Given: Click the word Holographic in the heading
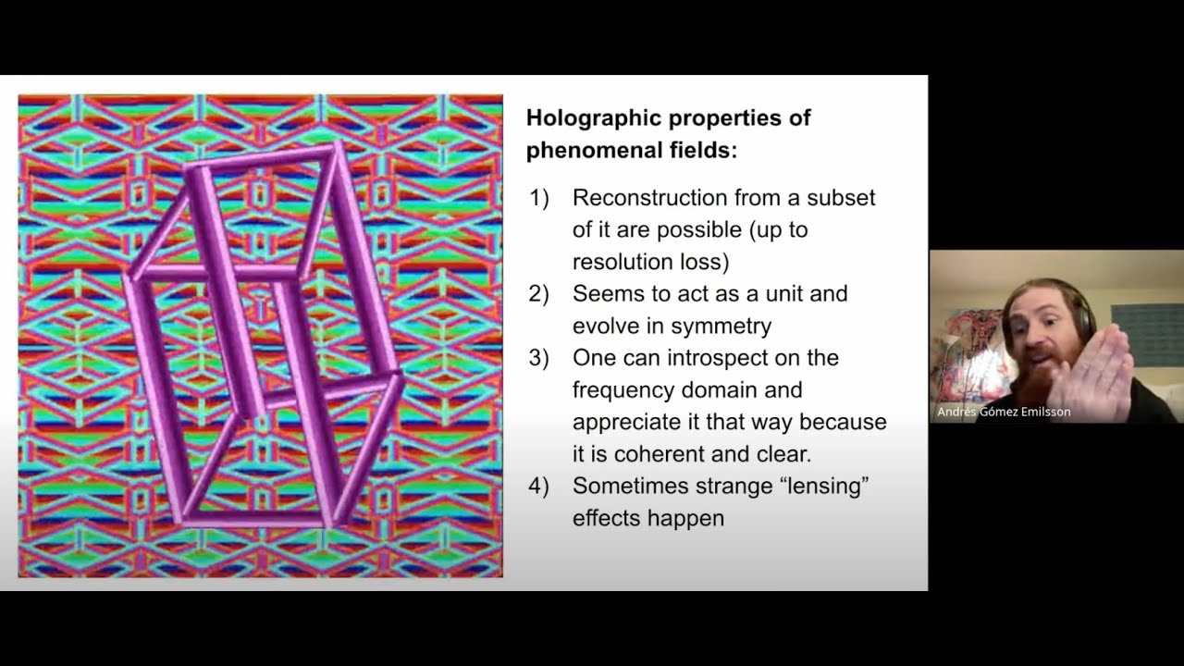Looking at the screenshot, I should (x=594, y=118).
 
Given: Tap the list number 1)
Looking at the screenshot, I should (x=538, y=198).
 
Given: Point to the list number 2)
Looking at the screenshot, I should (x=538, y=294).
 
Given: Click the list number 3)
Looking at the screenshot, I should (x=538, y=358).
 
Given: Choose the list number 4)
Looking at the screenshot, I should (x=538, y=486).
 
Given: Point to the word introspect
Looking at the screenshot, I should (x=729, y=358).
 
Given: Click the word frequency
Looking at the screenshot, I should (x=625, y=390).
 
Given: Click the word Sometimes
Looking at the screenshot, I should (x=630, y=486).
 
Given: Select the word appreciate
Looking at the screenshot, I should (x=623, y=423).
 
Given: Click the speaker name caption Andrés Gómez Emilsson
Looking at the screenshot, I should (x=1004, y=412).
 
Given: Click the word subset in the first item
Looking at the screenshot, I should (x=841, y=198).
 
